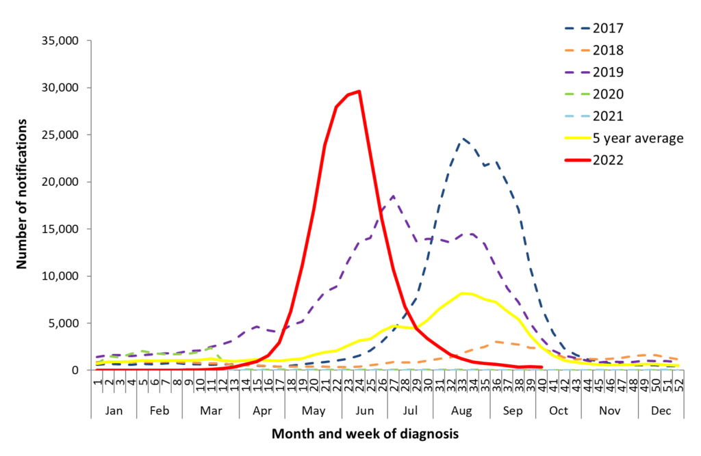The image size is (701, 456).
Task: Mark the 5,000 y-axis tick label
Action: (x=66, y=323)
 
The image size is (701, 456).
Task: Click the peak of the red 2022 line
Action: (x=359, y=91)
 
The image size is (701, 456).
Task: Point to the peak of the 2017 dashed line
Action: (x=463, y=138)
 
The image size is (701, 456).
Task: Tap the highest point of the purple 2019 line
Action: (x=393, y=196)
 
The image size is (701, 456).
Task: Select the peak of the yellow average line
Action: (x=463, y=293)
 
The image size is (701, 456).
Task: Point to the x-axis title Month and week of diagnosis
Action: (x=365, y=434)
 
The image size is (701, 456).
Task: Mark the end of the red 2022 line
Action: (x=541, y=367)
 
